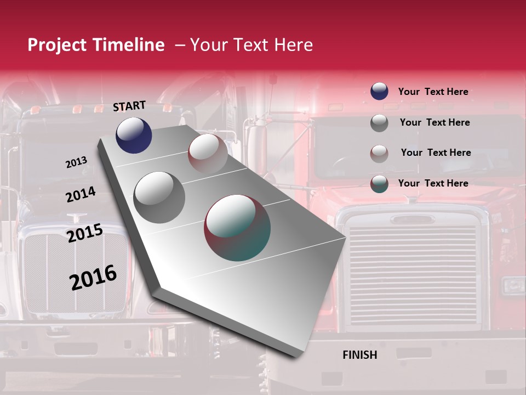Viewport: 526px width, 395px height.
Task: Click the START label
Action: click(x=129, y=106)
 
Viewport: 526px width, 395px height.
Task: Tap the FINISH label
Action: click(x=360, y=355)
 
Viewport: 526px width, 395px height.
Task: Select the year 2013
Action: click(x=77, y=162)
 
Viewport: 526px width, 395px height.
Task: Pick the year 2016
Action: click(x=93, y=278)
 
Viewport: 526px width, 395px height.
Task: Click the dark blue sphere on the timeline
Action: click(x=134, y=136)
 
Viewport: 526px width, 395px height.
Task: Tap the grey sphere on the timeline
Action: click(x=159, y=197)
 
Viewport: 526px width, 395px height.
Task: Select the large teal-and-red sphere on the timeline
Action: click(x=237, y=228)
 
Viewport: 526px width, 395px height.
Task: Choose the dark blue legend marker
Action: click(x=379, y=92)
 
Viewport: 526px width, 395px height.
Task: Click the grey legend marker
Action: click(x=379, y=123)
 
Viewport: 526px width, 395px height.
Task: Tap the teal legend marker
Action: click(x=379, y=184)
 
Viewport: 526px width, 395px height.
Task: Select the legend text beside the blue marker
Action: click(x=433, y=92)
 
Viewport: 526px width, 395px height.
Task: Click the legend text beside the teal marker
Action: click(x=433, y=183)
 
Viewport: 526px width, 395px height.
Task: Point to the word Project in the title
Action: click(x=57, y=45)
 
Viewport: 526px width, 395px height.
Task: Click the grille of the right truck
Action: click(x=414, y=274)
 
